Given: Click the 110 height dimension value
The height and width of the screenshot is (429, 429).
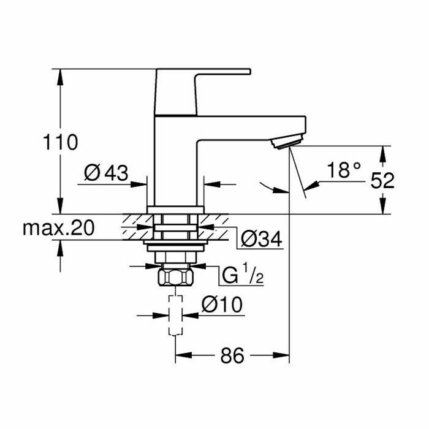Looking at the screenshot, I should click(59, 143).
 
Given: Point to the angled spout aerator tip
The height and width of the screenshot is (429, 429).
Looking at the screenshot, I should click(287, 143).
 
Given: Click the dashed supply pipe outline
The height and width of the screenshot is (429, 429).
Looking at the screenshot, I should click(175, 316).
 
